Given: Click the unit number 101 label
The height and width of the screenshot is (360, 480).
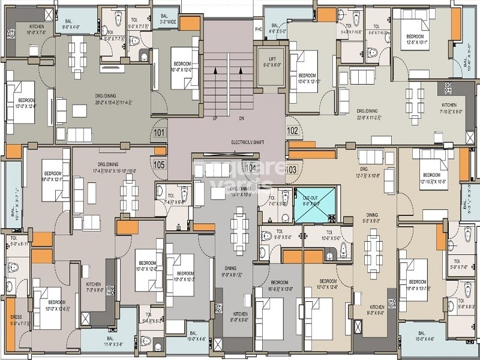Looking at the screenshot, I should coord(159,133).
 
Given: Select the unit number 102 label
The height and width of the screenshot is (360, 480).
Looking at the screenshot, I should coord(293,130).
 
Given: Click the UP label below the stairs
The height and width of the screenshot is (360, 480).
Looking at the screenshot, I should coord(214,118).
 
